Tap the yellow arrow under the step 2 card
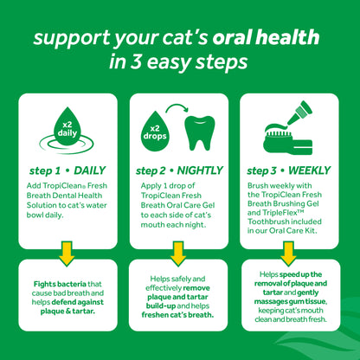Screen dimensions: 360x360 coord(179,255)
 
